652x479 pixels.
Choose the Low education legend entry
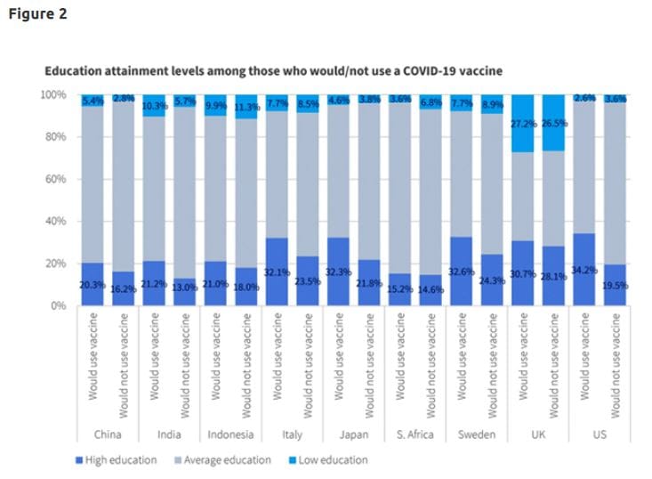[330, 460]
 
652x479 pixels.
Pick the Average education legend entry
[228, 460]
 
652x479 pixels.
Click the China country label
[109, 435]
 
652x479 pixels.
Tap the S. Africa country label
[414, 435]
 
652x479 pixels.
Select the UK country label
[536, 435]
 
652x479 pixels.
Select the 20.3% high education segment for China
[92, 284]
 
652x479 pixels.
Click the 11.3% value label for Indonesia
[246, 107]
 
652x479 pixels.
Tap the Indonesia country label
[229, 435]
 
